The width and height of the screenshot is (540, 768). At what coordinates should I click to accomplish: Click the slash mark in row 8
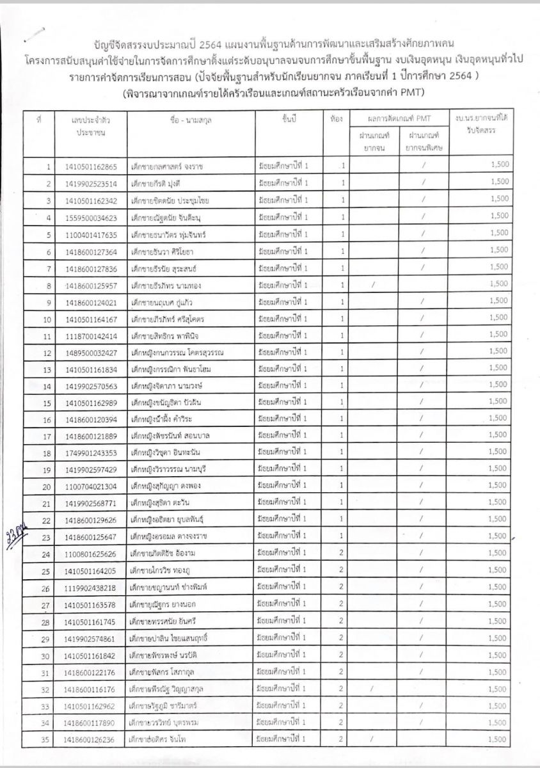pos(372,284)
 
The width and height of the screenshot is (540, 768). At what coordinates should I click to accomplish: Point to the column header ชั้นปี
pos(288,119)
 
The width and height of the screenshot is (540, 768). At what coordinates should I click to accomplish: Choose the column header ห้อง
pos(337,119)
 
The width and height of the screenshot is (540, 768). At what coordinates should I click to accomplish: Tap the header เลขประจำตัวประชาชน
pos(90,125)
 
